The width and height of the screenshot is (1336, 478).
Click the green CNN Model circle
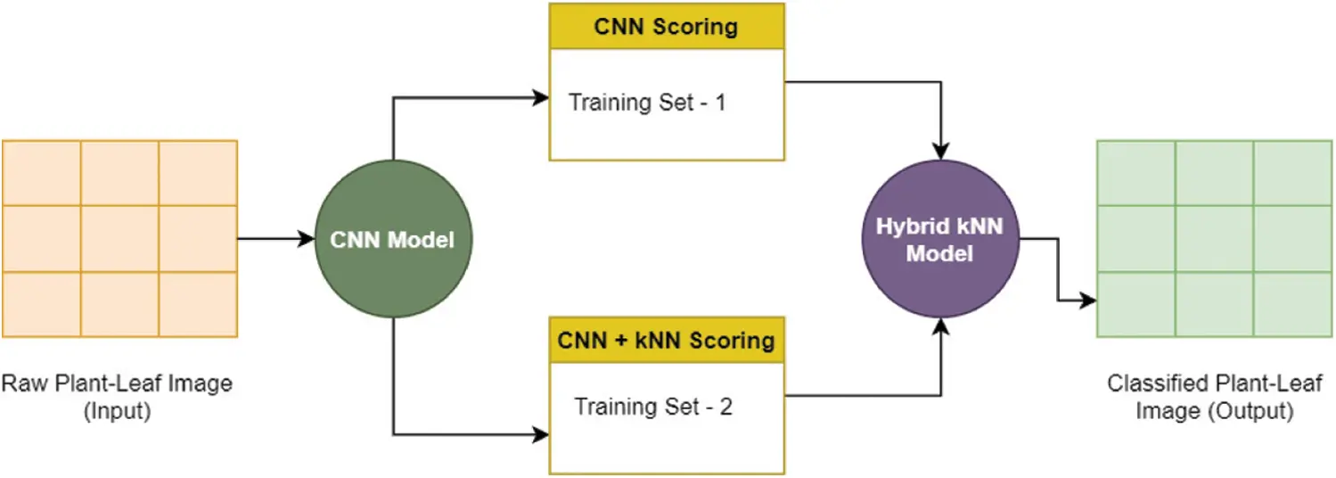393,239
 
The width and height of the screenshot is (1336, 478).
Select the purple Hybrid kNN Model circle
940,239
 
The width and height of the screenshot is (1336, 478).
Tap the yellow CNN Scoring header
667,27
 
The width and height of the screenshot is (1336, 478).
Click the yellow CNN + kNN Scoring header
667,340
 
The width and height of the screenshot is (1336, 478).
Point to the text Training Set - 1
648,103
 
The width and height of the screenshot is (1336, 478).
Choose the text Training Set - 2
653,408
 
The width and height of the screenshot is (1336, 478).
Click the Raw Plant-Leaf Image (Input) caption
117,398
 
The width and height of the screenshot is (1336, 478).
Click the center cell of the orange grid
119,238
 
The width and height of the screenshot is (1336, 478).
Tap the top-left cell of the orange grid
42,173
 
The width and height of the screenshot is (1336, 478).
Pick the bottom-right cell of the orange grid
198,304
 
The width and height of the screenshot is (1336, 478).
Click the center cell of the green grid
1214,239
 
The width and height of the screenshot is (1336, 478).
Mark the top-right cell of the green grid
1292,173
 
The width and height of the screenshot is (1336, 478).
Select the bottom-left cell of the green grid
1135,304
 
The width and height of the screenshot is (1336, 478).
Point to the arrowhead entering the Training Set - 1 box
540,97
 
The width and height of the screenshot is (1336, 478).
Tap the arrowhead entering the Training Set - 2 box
540,435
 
